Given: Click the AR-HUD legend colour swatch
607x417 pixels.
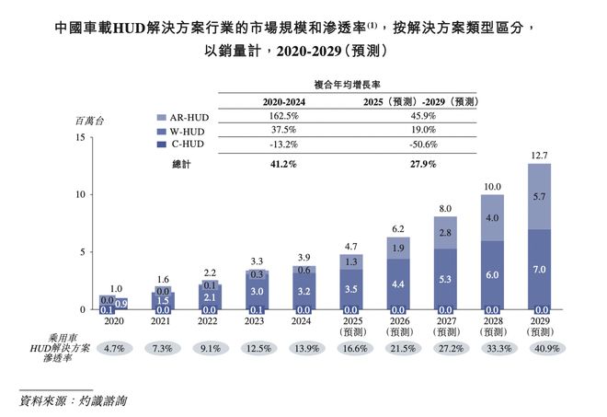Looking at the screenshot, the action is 162,118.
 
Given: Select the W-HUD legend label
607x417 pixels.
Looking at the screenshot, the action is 187,132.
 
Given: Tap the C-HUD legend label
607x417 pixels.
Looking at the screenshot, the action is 188,145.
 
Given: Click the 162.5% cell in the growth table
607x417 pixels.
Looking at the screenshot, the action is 284,116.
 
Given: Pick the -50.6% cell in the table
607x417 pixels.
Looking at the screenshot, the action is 423,145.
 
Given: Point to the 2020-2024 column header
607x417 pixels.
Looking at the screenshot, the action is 284,102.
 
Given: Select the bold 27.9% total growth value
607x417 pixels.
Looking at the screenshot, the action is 423,164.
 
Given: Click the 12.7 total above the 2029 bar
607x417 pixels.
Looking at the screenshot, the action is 539,156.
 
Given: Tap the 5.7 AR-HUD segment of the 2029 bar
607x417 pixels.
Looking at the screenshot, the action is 539,196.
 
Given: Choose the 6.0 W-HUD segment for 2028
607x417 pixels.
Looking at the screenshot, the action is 492,274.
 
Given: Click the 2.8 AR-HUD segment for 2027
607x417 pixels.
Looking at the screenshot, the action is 445,233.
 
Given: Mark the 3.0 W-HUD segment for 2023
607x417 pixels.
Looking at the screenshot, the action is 257,291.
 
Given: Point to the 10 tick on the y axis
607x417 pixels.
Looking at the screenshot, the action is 80,194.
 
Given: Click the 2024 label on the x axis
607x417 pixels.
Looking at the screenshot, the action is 301,321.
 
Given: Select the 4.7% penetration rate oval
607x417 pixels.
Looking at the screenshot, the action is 114,348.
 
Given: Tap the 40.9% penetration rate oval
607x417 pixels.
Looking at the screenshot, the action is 547,348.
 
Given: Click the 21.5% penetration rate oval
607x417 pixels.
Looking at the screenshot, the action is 403,348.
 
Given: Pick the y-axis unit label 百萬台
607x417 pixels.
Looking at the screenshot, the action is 90,122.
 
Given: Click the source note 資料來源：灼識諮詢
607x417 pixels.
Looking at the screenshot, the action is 74,400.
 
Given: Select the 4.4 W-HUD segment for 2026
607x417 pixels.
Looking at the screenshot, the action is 398,284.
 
